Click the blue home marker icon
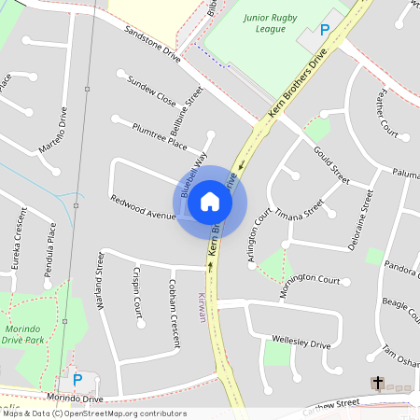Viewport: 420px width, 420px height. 210,201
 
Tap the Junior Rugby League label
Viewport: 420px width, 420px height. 266,23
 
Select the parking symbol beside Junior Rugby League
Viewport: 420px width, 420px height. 325,31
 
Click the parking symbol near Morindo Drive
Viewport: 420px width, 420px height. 77,380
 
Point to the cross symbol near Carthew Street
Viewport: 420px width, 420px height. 378,383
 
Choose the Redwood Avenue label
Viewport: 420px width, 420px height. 143,208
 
